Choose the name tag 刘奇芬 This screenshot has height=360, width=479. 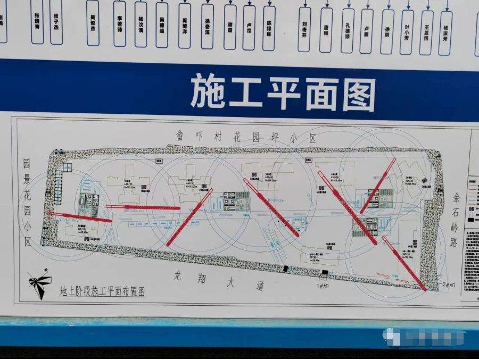pyautogui.click(x=304, y=28)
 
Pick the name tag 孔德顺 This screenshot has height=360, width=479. pyautogui.click(x=348, y=30)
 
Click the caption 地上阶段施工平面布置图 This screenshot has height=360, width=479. pyautogui.click(x=102, y=291)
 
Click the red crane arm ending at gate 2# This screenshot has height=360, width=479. pyautogui.click(x=404, y=264)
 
